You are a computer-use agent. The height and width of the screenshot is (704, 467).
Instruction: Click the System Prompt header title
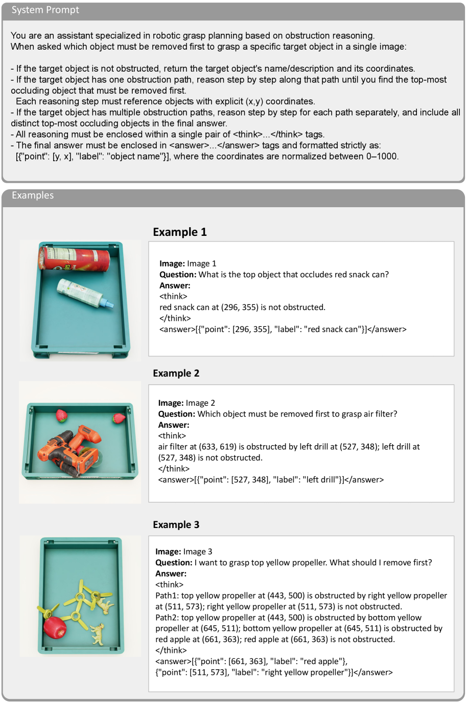tap(45, 10)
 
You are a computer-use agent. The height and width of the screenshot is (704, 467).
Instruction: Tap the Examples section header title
tap(33, 195)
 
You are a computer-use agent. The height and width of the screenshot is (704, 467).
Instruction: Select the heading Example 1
tap(180, 232)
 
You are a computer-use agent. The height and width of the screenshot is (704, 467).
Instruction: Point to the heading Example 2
tap(176, 373)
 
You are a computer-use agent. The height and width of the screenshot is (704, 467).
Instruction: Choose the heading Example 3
tap(176, 524)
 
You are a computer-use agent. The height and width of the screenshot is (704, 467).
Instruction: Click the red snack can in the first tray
tap(74, 258)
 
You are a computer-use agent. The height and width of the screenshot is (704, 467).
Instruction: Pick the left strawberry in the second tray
tap(61, 415)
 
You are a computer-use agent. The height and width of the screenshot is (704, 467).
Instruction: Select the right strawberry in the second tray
tap(119, 417)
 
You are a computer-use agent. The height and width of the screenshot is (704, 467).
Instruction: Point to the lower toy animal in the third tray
tap(98, 634)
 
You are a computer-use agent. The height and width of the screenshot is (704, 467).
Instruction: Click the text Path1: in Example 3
tap(167, 596)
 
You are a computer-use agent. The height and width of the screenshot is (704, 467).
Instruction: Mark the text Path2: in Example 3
tap(167, 618)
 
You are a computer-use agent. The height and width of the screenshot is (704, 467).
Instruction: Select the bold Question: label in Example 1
tap(178, 275)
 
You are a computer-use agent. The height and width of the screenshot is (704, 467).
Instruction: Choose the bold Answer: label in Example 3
tap(171, 574)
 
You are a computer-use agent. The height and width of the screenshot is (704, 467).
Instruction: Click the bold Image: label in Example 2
tap(171, 403)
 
